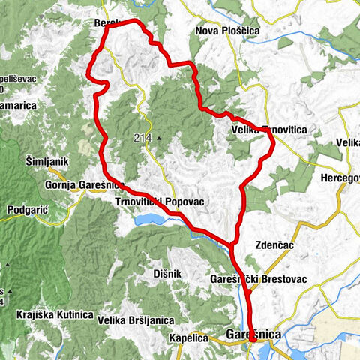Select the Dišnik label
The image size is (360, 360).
[167, 274]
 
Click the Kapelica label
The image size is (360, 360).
[188, 337]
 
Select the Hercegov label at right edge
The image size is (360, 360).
[340, 178]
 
